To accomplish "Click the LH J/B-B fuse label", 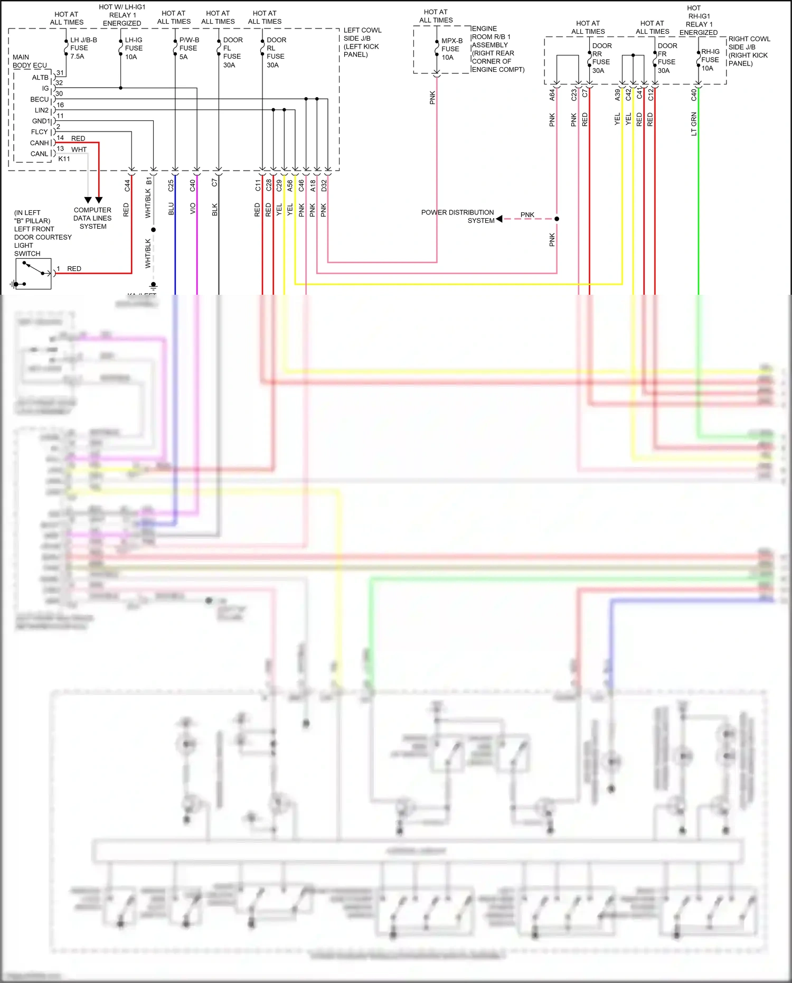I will [83, 48].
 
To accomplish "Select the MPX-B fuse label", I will [451, 49].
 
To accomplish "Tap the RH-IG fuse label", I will [710, 60].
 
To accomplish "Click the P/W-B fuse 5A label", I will [188, 48].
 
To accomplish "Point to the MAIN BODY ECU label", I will [29, 61].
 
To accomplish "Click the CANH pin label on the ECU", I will [40, 143].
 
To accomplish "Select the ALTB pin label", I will [40, 78].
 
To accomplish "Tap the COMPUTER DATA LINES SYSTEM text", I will [92, 218].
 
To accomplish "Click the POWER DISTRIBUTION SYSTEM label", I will [457, 216].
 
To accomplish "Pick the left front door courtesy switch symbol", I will [33, 274].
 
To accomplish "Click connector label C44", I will [127, 185].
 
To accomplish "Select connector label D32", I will [324, 185].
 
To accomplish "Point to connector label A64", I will [552, 95].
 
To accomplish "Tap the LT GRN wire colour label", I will [694, 124].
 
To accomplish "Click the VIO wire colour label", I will [193, 209].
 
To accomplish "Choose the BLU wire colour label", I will [171, 209].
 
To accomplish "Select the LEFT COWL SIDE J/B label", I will [362, 42].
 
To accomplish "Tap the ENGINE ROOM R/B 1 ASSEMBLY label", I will [497, 49].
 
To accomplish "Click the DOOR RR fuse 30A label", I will [601, 58].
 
